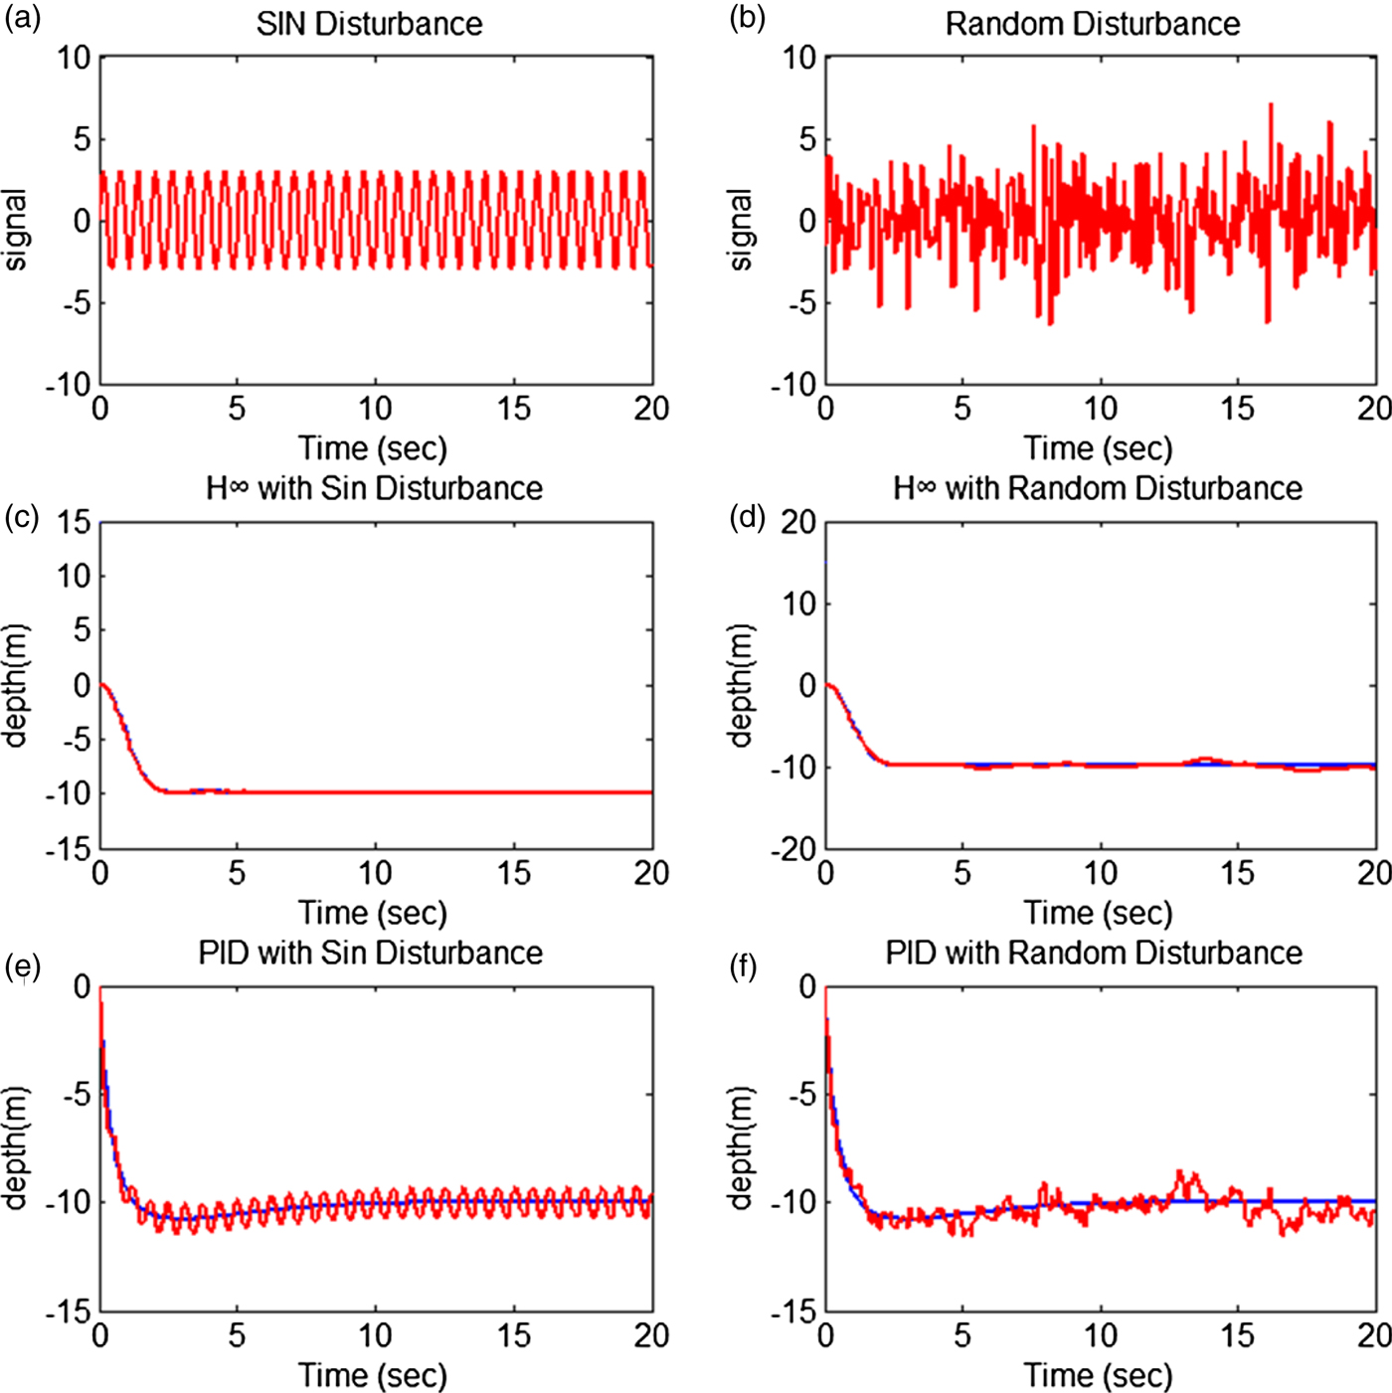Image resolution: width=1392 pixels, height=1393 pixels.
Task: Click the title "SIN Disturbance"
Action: point(369,24)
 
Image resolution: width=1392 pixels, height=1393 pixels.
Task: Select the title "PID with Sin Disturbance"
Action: point(370,953)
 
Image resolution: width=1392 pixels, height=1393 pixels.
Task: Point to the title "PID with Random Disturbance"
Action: point(1094,953)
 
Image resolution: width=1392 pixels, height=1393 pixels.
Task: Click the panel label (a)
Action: point(22,19)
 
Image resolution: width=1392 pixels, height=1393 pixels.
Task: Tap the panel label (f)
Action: point(747,967)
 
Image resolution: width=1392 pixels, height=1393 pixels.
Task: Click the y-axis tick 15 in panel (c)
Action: point(73,523)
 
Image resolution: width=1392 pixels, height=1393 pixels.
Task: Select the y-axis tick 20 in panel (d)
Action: point(797,523)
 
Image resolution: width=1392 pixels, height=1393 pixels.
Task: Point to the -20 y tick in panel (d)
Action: point(792,849)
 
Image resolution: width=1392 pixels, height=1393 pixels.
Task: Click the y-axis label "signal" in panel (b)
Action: point(741,230)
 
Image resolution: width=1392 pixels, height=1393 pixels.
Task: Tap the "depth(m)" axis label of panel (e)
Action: point(15,1148)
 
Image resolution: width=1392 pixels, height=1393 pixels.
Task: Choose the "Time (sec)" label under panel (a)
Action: point(373,448)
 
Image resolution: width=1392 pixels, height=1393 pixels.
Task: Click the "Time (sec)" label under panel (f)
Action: point(1098,1376)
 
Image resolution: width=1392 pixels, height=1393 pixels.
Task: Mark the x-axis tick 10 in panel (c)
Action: point(375,873)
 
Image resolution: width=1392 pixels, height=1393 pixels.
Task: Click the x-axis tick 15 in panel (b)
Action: point(1237,409)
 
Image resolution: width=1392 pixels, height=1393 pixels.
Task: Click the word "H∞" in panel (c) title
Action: point(227,488)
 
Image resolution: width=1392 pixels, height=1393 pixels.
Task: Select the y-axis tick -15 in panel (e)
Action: point(68,1312)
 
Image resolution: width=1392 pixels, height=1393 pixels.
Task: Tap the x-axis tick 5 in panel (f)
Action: point(961,1335)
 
